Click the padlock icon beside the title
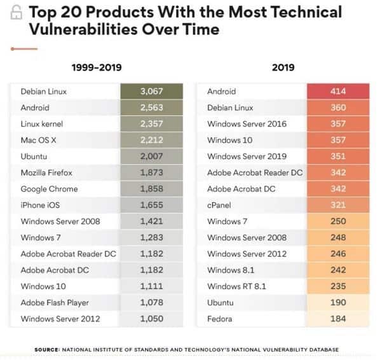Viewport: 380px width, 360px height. coord(17,12)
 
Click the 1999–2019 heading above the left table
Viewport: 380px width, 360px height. coord(97,67)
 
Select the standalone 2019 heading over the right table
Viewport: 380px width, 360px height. coord(283,67)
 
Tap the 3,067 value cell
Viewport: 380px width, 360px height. coord(152,91)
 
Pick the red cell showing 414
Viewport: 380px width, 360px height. coord(338,91)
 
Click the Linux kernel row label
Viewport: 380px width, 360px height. coord(42,124)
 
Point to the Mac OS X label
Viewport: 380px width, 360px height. coord(38,140)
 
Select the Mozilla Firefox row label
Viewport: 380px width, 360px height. coord(46,172)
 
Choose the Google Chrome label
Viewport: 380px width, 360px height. coord(49,189)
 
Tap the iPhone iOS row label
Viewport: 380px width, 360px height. coord(40,205)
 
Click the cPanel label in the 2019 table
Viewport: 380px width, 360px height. coord(219,205)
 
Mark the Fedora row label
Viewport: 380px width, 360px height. coord(220,319)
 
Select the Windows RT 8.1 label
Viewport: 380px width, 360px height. coord(236,286)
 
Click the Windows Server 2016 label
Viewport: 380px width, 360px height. coord(247,124)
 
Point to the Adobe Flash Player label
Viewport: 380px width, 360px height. coord(55,303)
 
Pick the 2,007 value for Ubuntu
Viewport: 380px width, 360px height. coord(152,156)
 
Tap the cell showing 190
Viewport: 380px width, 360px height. coord(338,302)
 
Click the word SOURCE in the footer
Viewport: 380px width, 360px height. coord(47,350)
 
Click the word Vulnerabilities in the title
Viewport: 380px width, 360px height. coord(83,29)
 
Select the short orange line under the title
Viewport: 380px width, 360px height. coord(24,49)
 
